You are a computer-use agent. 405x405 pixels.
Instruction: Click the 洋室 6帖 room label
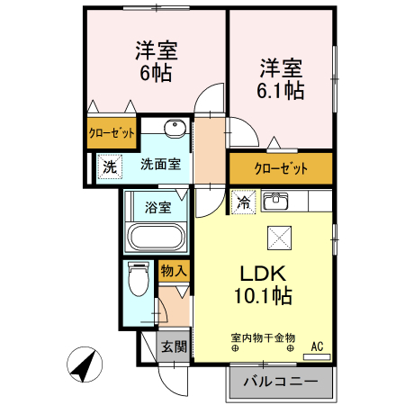pyautogui.click(x=157, y=62)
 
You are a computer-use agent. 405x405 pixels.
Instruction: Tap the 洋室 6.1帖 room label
pyautogui.click(x=281, y=79)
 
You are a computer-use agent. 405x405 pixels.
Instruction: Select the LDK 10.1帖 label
pyautogui.click(x=263, y=284)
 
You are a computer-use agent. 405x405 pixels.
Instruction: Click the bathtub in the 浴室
pyautogui.click(x=156, y=237)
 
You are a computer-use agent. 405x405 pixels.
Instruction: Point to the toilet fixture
pyautogui.click(x=139, y=279)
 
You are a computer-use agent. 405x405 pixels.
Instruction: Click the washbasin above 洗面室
pyautogui.click(x=175, y=129)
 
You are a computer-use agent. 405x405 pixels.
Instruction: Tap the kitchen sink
pyautogui.click(x=275, y=201)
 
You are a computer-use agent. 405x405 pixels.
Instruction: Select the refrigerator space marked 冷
pyautogui.click(x=243, y=202)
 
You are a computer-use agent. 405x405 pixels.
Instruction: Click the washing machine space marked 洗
pyautogui.click(x=110, y=166)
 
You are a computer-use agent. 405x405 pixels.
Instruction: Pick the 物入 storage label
pyautogui.click(x=174, y=271)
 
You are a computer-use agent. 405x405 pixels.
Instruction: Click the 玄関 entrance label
pyautogui.click(x=174, y=347)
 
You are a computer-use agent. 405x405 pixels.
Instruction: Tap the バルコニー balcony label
pyautogui.click(x=281, y=382)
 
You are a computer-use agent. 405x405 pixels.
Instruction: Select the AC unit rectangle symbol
pyautogui.click(x=317, y=357)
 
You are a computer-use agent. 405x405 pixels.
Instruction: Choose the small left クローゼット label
pyautogui.click(x=112, y=133)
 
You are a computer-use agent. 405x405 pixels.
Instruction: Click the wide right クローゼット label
pyautogui.click(x=281, y=168)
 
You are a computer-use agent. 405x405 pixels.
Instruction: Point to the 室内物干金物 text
pyautogui.click(x=263, y=338)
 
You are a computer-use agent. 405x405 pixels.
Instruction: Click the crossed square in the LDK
pyautogui.click(x=279, y=238)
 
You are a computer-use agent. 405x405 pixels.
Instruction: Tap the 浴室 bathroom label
pyautogui.click(x=158, y=207)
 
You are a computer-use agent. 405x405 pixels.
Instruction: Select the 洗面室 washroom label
pyautogui.click(x=161, y=165)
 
